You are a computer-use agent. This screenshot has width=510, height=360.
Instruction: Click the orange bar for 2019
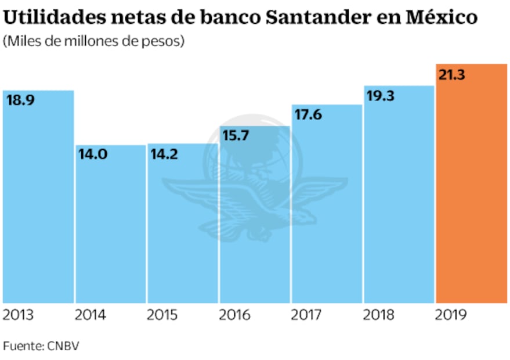pos(472,192)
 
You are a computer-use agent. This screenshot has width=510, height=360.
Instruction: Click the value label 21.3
pos(453,75)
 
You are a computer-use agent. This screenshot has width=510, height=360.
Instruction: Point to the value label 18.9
pos(20,100)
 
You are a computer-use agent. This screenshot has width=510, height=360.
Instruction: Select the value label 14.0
pos(92,156)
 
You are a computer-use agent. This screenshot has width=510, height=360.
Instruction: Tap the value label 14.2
pos(164,154)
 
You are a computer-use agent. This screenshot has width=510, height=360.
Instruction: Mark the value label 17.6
pos(308,114)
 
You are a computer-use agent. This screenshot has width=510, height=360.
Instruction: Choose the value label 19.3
pos(381,96)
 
